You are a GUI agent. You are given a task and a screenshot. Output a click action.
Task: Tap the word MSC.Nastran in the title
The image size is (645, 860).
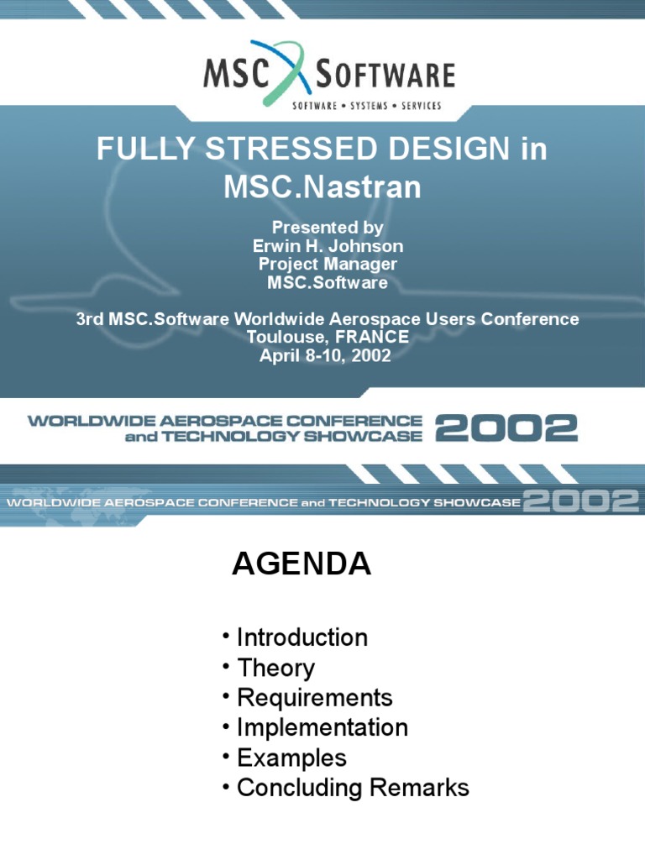(322, 186)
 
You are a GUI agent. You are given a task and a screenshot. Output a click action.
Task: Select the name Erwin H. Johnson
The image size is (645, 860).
(328, 246)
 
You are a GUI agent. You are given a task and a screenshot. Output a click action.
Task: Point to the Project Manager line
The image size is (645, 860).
(328, 265)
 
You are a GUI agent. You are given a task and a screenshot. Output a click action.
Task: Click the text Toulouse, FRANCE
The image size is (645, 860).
(328, 338)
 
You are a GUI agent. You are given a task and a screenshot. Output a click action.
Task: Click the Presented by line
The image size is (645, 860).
(328, 228)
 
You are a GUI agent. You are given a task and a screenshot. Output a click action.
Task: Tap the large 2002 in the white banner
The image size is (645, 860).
(506, 429)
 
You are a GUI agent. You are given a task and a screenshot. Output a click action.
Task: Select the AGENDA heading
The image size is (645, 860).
(302, 564)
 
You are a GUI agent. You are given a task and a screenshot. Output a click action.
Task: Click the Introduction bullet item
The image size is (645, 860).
(302, 637)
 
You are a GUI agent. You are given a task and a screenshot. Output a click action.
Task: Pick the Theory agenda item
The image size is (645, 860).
(275, 669)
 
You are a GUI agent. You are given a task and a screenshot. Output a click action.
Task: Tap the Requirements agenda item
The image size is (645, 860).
(314, 698)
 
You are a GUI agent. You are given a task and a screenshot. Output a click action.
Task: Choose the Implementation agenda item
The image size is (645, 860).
(322, 727)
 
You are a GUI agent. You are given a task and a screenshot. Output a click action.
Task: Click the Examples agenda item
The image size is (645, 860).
(291, 758)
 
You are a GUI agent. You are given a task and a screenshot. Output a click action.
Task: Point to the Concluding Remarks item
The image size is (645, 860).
(353, 788)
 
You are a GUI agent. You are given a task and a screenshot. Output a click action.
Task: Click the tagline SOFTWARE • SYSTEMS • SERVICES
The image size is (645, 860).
(365, 106)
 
